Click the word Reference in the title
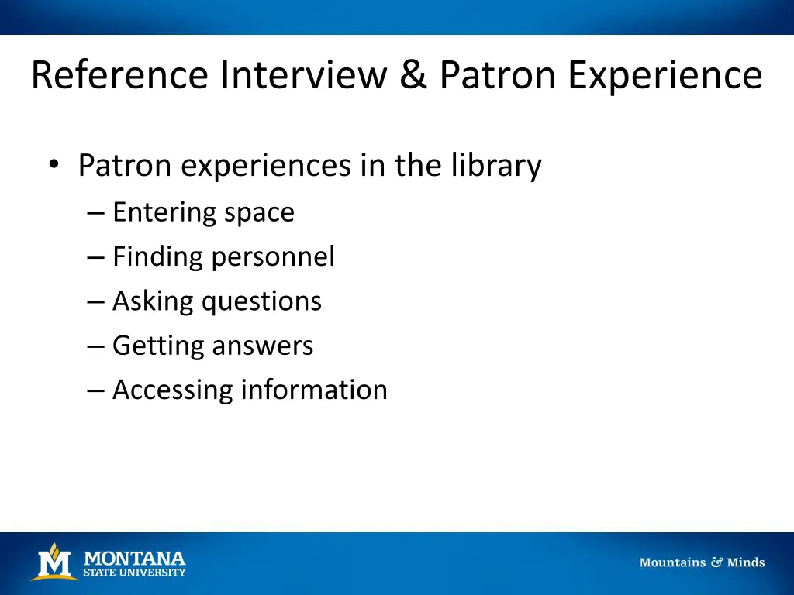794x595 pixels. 120,75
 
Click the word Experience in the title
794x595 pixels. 665,77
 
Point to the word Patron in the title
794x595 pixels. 499,75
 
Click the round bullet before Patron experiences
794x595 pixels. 53,165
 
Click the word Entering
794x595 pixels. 164,213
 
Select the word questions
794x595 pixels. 262,301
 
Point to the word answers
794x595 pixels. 264,346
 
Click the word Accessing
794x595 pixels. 172,390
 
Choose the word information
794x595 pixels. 314,389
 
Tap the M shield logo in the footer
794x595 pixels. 54,562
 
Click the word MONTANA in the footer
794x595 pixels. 134,558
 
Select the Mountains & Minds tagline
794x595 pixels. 702,562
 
